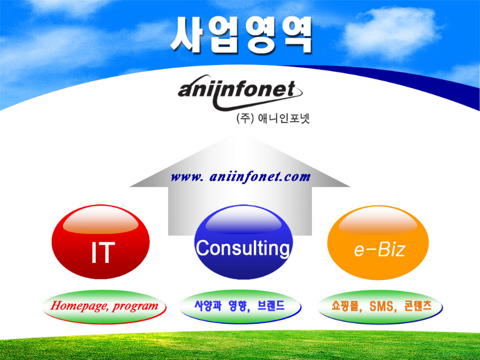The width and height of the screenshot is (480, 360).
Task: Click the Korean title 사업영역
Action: pyautogui.click(x=241, y=35)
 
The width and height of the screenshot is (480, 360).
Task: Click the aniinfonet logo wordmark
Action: pyautogui.click(x=239, y=92)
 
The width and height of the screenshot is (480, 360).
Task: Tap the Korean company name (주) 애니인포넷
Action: pyautogui.click(x=273, y=118)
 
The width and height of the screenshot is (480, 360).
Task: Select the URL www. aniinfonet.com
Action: pyautogui.click(x=241, y=177)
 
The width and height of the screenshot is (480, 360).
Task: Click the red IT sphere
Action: pyautogui.click(x=101, y=242)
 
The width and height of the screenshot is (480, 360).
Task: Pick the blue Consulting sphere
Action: pyautogui.click(x=243, y=242)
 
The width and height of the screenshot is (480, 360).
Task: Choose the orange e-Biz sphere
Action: pyautogui.click(x=378, y=243)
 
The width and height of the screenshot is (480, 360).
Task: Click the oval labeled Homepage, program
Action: pyautogui.click(x=104, y=307)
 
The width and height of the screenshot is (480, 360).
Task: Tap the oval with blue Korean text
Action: pyautogui.click(x=241, y=307)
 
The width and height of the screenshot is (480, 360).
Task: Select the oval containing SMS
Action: pyautogui.click(x=380, y=307)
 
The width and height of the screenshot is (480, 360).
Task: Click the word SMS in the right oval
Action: pyautogui.click(x=382, y=306)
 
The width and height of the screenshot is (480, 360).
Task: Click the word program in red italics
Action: pyautogui.click(x=135, y=306)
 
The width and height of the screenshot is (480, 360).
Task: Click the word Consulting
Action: pyautogui.click(x=243, y=248)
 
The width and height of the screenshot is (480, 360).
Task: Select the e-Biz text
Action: pyautogui.click(x=380, y=250)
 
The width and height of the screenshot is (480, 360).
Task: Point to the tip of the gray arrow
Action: pyautogui.click(x=241, y=135)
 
